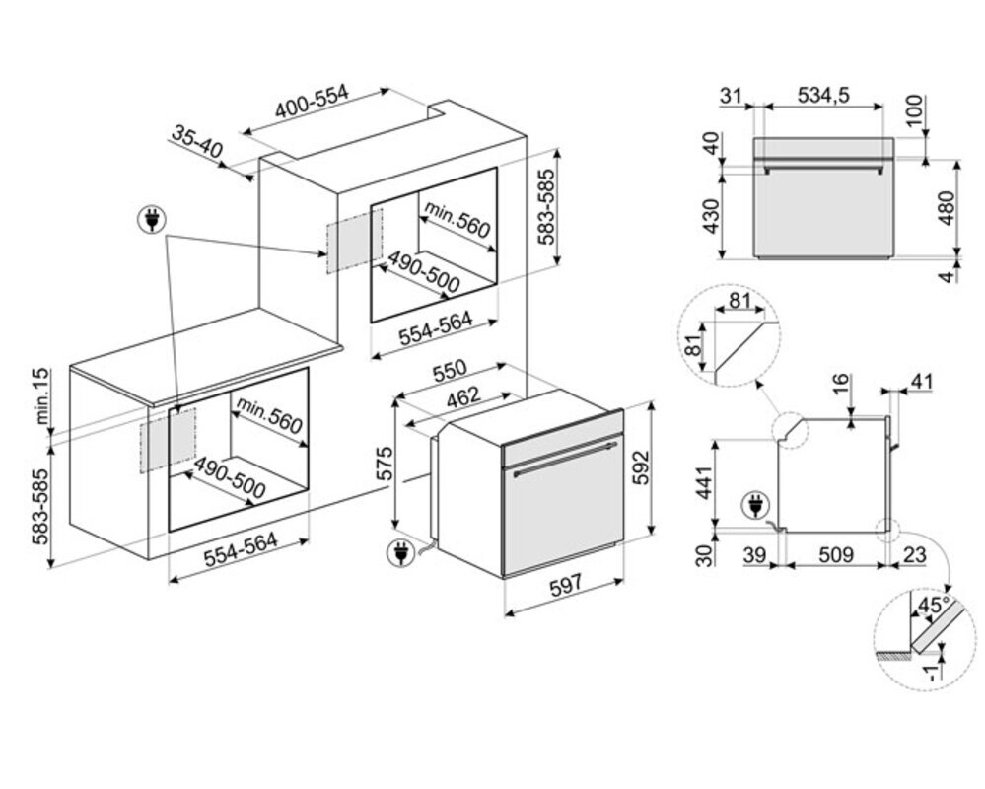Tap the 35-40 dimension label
(x=197, y=143)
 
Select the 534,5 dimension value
(x=823, y=95)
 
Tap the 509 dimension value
(x=834, y=555)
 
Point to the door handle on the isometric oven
(x=557, y=464)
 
